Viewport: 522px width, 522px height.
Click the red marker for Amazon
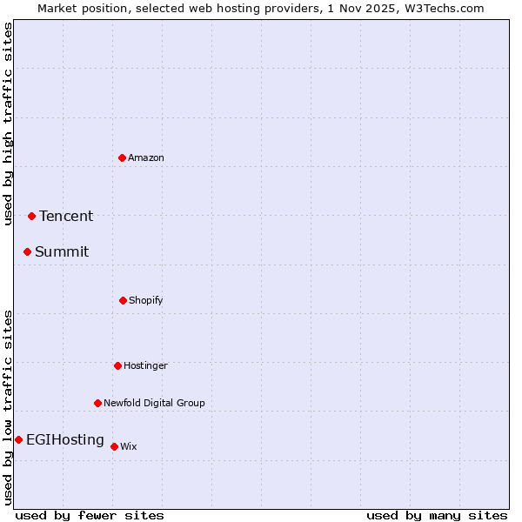click(122, 157)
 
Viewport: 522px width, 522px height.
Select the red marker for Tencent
click(31, 216)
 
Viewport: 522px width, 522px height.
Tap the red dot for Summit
click(27, 251)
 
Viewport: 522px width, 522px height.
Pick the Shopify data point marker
click(123, 300)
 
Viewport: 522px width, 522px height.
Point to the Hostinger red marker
click(117, 365)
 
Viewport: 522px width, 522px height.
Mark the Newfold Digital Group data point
click(97, 403)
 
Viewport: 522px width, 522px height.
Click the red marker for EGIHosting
click(18, 439)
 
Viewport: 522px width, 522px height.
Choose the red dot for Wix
click(114, 446)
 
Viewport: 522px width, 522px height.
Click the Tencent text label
click(66, 216)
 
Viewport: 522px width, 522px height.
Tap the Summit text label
click(62, 251)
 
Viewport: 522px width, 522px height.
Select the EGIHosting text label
click(65, 439)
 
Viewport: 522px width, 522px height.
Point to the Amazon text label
click(146, 157)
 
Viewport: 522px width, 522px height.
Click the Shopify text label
click(146, 300)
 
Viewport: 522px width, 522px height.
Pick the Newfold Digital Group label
click(155, 403)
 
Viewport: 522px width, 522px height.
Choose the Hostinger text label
click(145, 365)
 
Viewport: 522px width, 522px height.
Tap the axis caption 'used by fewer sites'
click(90, 515)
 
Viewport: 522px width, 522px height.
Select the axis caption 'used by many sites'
click(437, 515)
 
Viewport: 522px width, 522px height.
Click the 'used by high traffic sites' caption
click(8, 124)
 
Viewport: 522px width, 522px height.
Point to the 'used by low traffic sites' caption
click(8, 407)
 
